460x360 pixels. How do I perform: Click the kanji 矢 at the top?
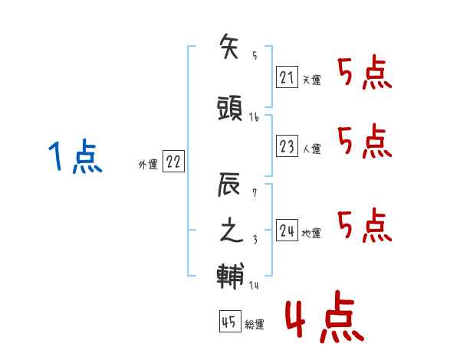pos(228,46)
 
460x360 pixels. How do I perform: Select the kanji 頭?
pos(230,109)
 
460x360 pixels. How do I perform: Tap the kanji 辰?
pos(228,184)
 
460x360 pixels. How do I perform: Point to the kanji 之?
pos(232,230)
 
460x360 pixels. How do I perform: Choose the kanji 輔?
pos(230,276)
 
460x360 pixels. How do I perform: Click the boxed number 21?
pos(287,77)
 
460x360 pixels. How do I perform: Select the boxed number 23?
pos(287,146)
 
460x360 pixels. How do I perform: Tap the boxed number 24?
pos(287,230)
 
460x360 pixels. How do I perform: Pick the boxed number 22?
pos(173,161)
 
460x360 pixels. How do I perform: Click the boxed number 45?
pos(230,321)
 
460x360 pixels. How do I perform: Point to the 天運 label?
pos(311,80)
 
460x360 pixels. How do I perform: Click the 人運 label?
pos(311,149)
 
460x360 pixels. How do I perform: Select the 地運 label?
pos(311,233)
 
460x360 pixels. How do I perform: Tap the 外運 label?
pos(148,164)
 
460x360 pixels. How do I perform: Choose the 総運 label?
pos(255,324)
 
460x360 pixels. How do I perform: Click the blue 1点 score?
pos(75,156)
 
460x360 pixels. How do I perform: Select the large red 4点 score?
pos(325,316)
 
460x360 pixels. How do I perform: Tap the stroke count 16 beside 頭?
pos(254,117)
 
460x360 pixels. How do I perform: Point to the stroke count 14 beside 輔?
pos(254,285)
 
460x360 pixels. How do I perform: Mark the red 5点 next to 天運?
pos(365,72)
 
